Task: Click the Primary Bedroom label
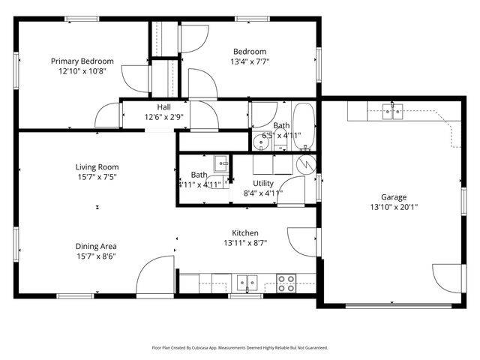[82, 61]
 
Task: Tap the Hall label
[163, 106]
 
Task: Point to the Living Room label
[97, 166]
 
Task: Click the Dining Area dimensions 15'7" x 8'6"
[96, 256]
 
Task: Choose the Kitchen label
[244, 232]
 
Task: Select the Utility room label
[263, 183]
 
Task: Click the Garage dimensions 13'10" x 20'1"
[394, 208]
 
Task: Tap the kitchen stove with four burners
[286, 283]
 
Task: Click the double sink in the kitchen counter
[247, 283]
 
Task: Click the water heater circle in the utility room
[304, 162]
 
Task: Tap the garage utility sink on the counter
[392, 112]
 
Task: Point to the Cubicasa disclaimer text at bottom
[240, 347]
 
